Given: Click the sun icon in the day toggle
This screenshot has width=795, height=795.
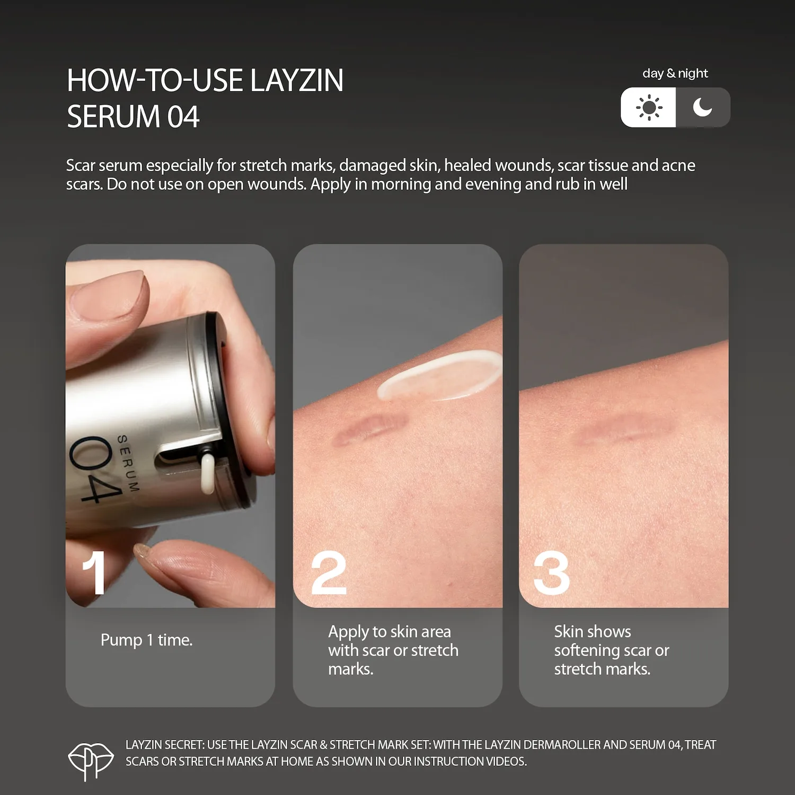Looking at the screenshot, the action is (649, 108).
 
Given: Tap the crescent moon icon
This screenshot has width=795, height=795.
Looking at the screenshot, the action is (702, 107).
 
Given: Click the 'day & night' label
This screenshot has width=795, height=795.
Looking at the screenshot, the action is (675, 73).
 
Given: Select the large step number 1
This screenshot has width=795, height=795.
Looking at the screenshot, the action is (94, 572).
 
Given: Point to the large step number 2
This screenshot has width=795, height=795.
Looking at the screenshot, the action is (329, 572).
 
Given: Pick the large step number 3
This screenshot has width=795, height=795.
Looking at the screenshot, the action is (552, 572).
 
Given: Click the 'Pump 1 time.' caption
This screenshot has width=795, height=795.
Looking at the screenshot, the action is (146, 640).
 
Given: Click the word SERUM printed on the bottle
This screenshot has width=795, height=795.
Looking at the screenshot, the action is (128, 464).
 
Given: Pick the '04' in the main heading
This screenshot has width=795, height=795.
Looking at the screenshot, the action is (183, 117).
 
